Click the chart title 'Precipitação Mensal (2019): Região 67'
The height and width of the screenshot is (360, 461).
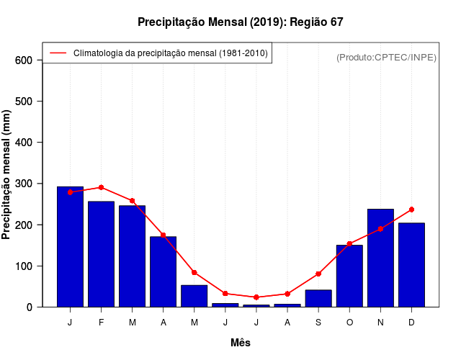click(x=241, y=22)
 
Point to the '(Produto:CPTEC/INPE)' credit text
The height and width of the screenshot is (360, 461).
click(x=386, y=57)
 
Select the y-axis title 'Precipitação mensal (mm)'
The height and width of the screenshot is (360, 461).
click(x=7, y=174)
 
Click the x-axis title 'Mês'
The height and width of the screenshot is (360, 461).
click(x=241, y=343)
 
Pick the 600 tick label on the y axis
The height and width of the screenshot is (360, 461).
click(x=24, y=60)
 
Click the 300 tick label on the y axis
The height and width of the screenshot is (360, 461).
click(x=24, y=184)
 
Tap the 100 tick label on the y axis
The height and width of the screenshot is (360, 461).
click(x=24, y=266)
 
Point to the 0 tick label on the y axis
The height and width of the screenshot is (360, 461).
click(x=30, y=307)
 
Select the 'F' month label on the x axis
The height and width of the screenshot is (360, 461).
click(x=102, y=323)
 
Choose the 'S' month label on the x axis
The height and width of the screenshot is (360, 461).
click(x=318, y=323)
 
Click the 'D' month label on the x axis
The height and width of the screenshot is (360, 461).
click(x=411, y=323)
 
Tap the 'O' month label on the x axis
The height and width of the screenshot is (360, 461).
click(x=349, y=323)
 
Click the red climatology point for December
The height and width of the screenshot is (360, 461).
click(x=411, y=210)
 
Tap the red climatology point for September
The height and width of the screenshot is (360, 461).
click(x=318, y=274)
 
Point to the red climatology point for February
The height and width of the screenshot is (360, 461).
click(x=102, y=187)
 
